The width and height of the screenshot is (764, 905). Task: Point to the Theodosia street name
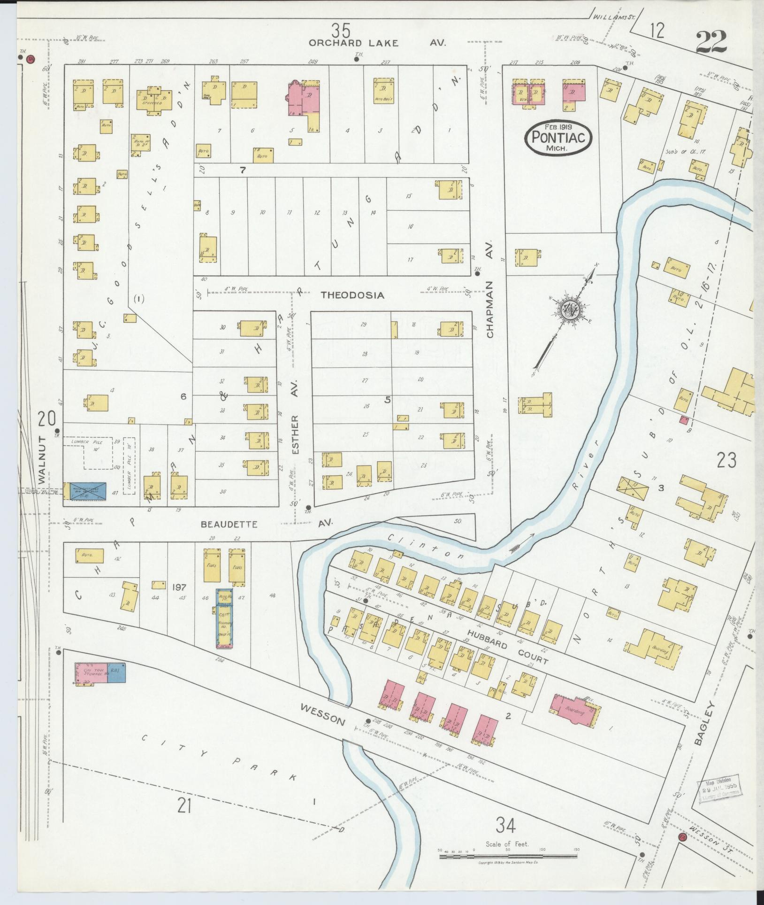352,295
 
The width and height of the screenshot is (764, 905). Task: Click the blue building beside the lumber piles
87,491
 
